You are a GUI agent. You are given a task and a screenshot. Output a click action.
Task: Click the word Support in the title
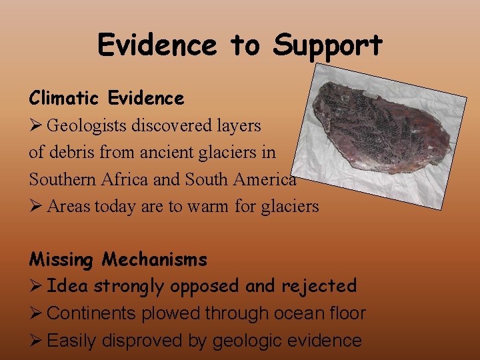pos(327,46)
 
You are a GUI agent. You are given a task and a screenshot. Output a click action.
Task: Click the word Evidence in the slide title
pos(157,45)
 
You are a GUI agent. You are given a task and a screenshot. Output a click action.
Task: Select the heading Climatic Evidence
pos(107,98)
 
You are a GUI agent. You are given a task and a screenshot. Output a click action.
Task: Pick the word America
pos(263,179)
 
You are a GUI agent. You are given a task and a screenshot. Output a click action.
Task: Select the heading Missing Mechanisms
pos(118,259)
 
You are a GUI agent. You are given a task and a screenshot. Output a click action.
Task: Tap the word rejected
pos(319,286)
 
